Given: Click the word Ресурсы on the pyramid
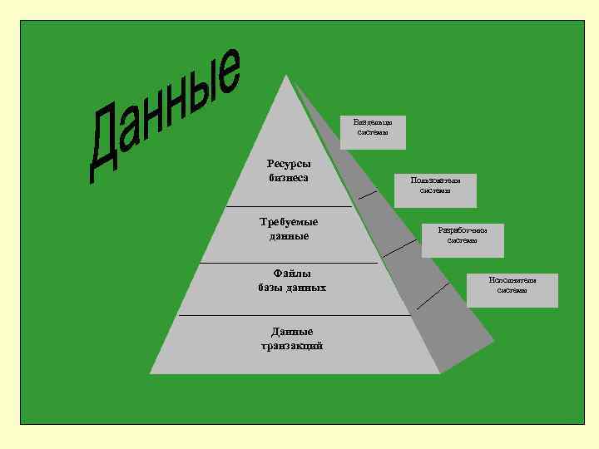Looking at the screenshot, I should coord(289,164).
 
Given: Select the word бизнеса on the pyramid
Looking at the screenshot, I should coord(289,178).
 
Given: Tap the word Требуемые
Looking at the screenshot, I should coord(290,222).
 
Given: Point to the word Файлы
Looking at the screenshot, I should coord(292,273).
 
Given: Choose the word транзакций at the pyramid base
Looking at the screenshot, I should coord(292,346).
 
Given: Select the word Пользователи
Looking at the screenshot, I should coord(436,180).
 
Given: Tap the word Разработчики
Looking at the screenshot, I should coord(463,229).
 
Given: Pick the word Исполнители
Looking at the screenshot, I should coord(512,280).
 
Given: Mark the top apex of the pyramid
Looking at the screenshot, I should coord(286,76).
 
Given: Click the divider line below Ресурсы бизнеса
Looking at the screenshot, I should coord(289,205).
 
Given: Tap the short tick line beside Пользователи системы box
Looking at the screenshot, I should coord(368,196).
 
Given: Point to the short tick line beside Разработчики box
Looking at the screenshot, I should coord(402,247).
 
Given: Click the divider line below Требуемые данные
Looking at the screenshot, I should coord(289,263).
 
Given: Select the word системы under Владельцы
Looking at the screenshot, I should coord(373,133).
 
